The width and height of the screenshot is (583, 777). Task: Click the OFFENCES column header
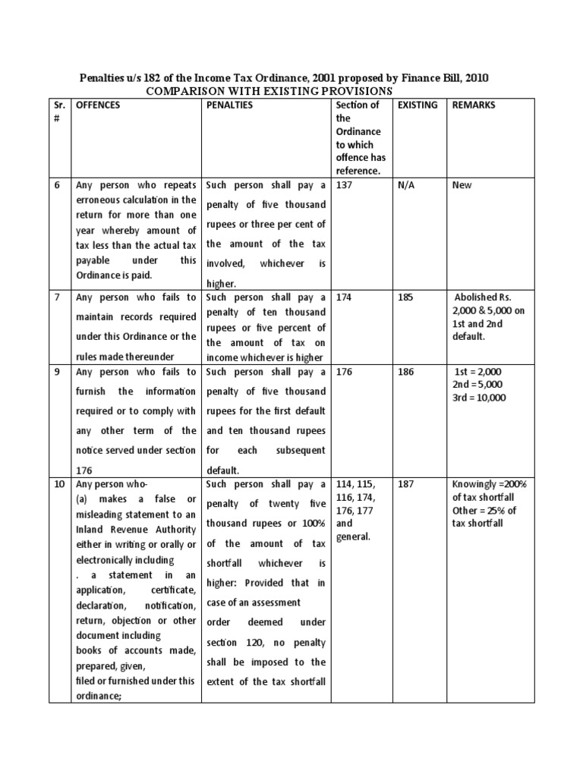pos(98,105)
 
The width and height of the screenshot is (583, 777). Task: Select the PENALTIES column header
pos(230,105)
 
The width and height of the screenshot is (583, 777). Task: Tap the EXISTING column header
pos(418,105)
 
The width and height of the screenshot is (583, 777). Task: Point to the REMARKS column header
pos(474,105)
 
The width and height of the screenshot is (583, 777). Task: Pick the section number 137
pos(344,184)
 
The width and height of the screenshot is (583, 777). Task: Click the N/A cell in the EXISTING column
pos(408,184)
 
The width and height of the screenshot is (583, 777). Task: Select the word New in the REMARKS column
pos(462,184)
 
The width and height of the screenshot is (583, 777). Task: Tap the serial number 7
pos(58,297)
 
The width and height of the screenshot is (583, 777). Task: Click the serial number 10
pos(58,483)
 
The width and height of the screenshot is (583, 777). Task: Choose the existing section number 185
pos(406,297)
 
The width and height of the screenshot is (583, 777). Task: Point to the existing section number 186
pos(406,372)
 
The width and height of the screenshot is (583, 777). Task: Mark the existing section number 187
pos(406,483)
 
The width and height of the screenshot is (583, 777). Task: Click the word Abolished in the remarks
pos(477,297)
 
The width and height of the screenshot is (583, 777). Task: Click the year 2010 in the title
pos(474,77)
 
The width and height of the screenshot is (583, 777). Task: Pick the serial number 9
pos(58,372)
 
